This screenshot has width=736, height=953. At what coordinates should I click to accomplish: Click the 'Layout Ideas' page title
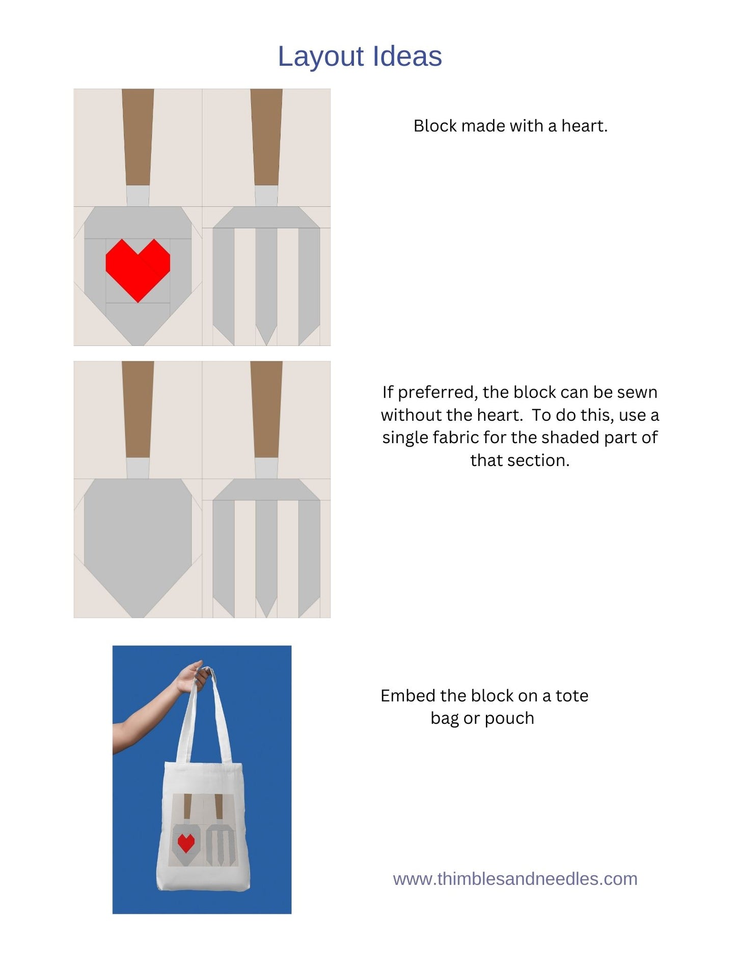tap(360, 56)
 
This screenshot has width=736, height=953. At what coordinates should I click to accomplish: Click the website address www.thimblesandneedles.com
tap(515, 879)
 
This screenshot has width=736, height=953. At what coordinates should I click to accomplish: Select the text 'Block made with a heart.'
tap(510, 126)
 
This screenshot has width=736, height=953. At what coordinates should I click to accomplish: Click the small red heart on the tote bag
tap(186, 843)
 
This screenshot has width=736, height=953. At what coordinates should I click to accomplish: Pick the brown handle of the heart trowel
tap(138, 138)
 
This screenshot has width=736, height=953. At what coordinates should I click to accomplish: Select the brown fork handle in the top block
tap(266, 138)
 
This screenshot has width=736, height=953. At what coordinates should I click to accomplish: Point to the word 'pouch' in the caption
tap(509, 719)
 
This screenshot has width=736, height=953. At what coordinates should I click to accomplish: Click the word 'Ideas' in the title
tap(407, 56)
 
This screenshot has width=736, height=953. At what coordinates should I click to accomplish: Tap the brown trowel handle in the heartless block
tap(138, 410)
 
